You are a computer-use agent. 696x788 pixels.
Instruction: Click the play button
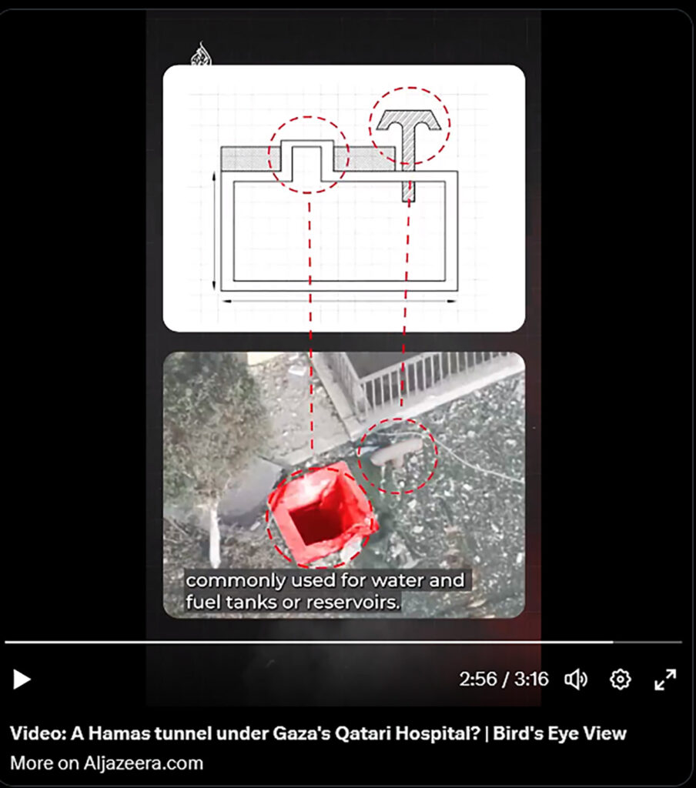click(x=22, y=679)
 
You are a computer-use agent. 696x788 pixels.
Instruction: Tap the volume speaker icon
click(x=576, y=679)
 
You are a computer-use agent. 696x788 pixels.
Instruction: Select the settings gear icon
click(x=620, y=679)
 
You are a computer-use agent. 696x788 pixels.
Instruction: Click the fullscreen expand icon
click(x=665, y=679)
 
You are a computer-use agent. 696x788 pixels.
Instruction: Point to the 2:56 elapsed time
click(x=478, y=679)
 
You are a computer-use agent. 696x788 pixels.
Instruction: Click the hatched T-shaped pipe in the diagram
click(x=409, y=145)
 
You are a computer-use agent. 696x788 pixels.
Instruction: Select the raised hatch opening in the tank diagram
click(x=306, y=160)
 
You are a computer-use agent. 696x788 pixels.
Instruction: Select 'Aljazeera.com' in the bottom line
click(x=143, y=763)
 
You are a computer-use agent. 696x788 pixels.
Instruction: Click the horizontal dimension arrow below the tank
click(x=340, y=302)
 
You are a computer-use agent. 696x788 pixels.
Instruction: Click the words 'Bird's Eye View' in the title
click(x=560, y=733)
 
